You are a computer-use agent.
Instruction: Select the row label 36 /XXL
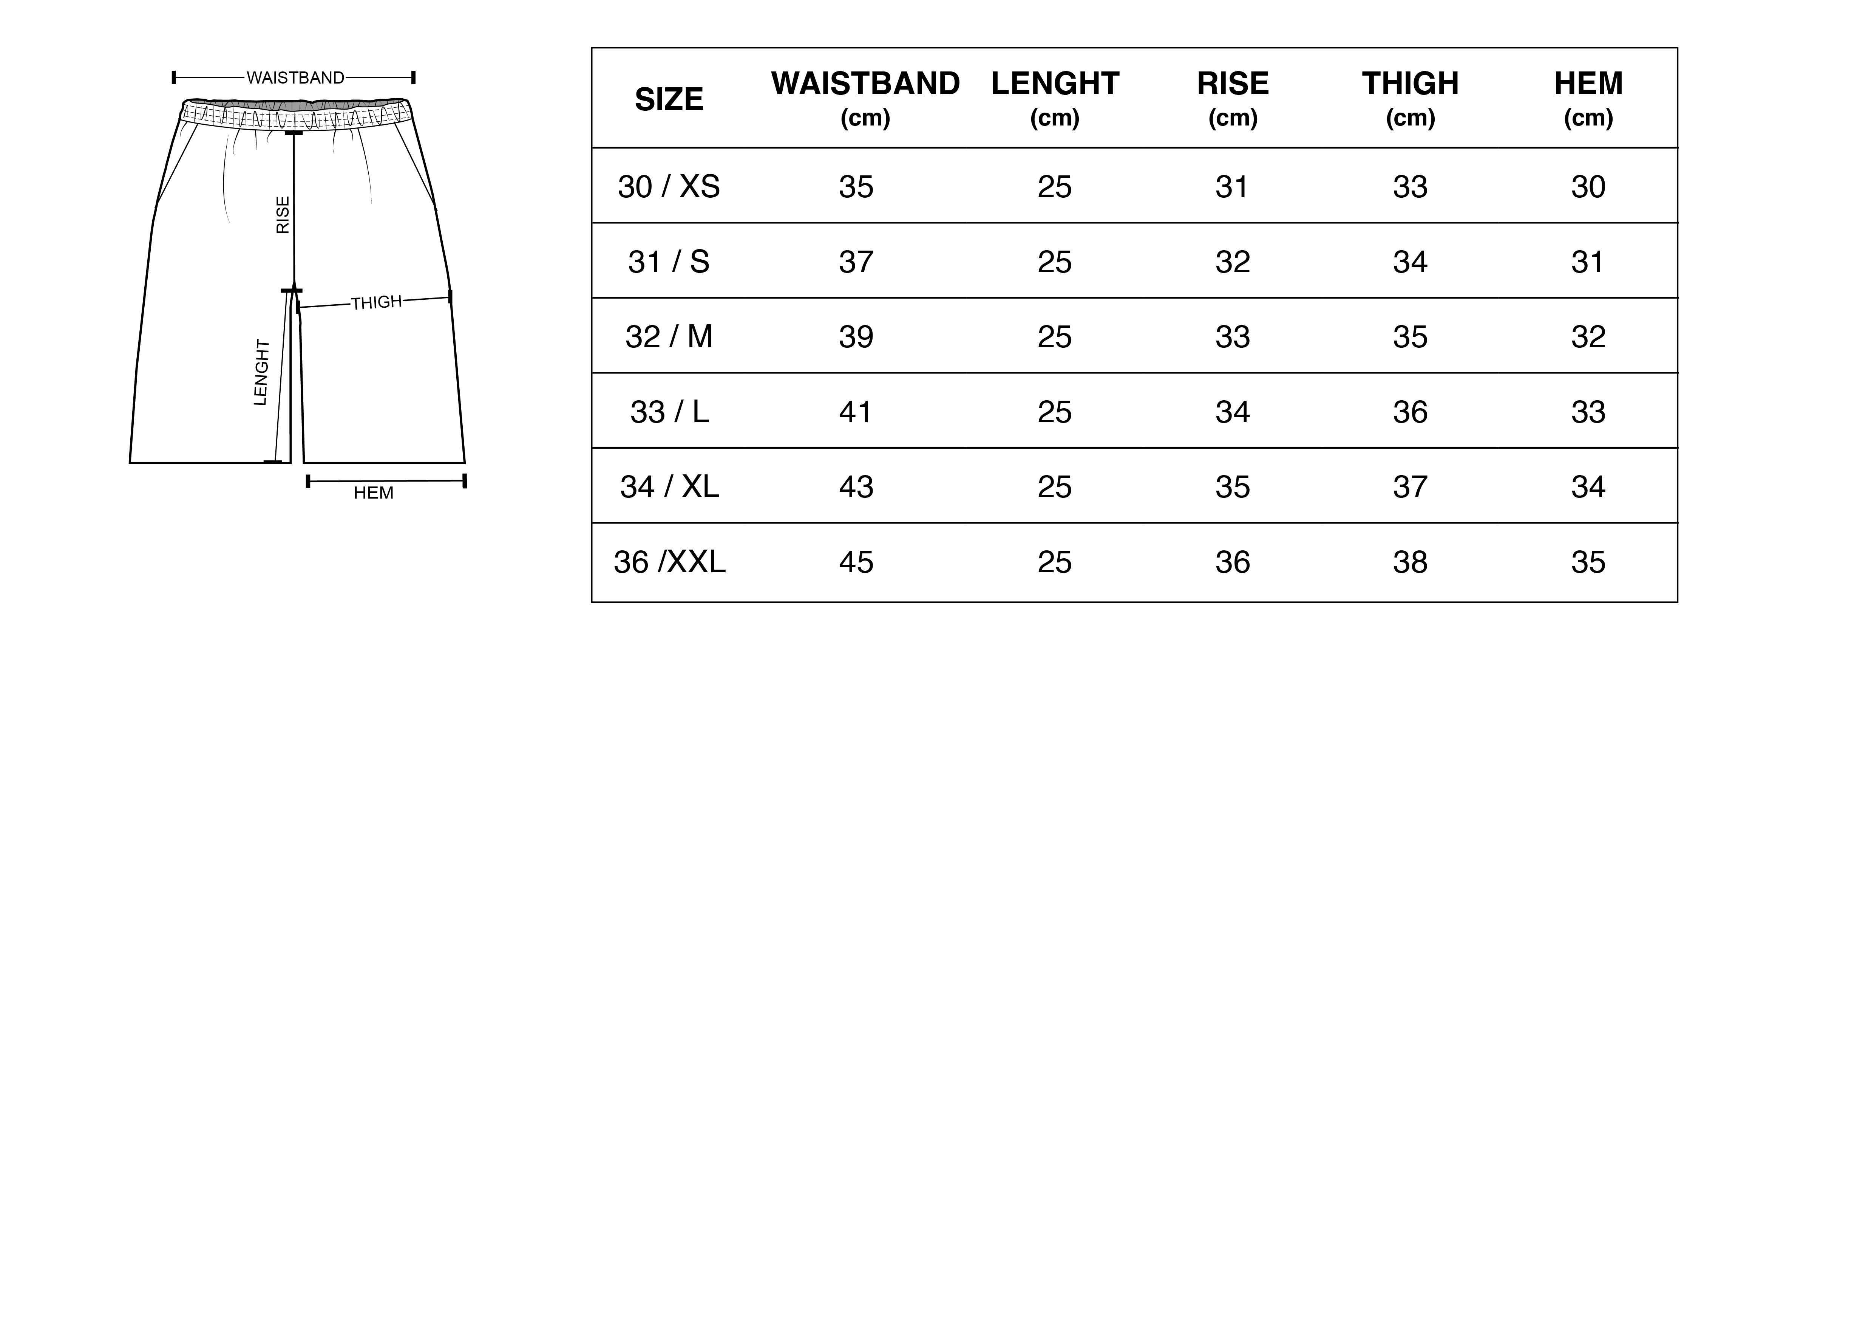[669, 562]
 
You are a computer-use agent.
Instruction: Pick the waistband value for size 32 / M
[856, 336]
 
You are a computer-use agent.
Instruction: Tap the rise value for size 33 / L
[1233, 412]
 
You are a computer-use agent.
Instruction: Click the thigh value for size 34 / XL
[1411, 486]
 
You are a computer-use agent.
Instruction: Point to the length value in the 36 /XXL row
[1055, 562]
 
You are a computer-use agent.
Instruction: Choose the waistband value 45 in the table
[856, 562]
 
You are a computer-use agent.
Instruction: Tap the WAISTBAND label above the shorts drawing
[295, 77]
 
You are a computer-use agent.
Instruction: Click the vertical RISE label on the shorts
[283, 215]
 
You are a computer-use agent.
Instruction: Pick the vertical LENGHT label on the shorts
[261, 372]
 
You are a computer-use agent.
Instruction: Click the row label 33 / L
[669, 412]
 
